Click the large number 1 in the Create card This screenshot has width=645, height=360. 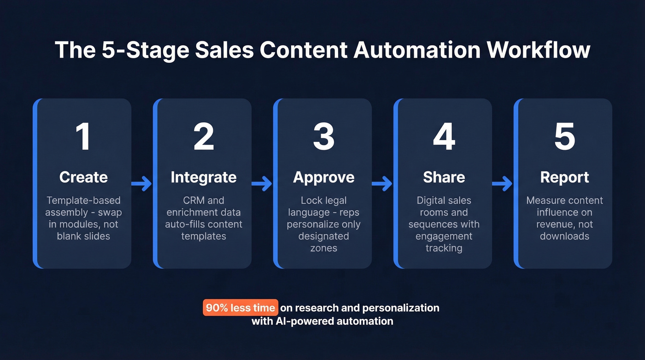pyautogui.click(x=83, y=137)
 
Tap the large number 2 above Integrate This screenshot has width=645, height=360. pyautogui.click(x=204, y=137)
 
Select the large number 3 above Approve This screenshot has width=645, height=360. pyautogui.click(x=323, y=137)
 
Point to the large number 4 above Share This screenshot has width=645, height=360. pyautogui.click(x=444, y=137)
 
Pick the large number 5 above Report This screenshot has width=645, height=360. pyautogui.click(x=564, y=137)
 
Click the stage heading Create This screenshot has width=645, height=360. pyautogui.click(x=83, y=177)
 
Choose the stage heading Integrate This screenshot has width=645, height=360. pyautogui.click(x=204, y=177)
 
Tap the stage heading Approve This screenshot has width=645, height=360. pyautogui.click(x=324, y=177)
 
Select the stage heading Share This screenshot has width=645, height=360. pyautogui.click(x=444, y=177)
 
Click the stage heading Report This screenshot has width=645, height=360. pyautogui.click(x=564, y=177)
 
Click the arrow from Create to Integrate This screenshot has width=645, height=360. pyautogui.click(x=142, y=184)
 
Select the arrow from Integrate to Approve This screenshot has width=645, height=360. pyautogui.click(x=262, y=184)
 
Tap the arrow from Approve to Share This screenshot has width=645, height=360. pyautogui.click(x=382, y=184)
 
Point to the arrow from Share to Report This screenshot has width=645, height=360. pyautogui.click(x=503, y=184)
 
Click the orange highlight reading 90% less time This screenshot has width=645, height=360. pyautogui.click(x=240, y=308)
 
